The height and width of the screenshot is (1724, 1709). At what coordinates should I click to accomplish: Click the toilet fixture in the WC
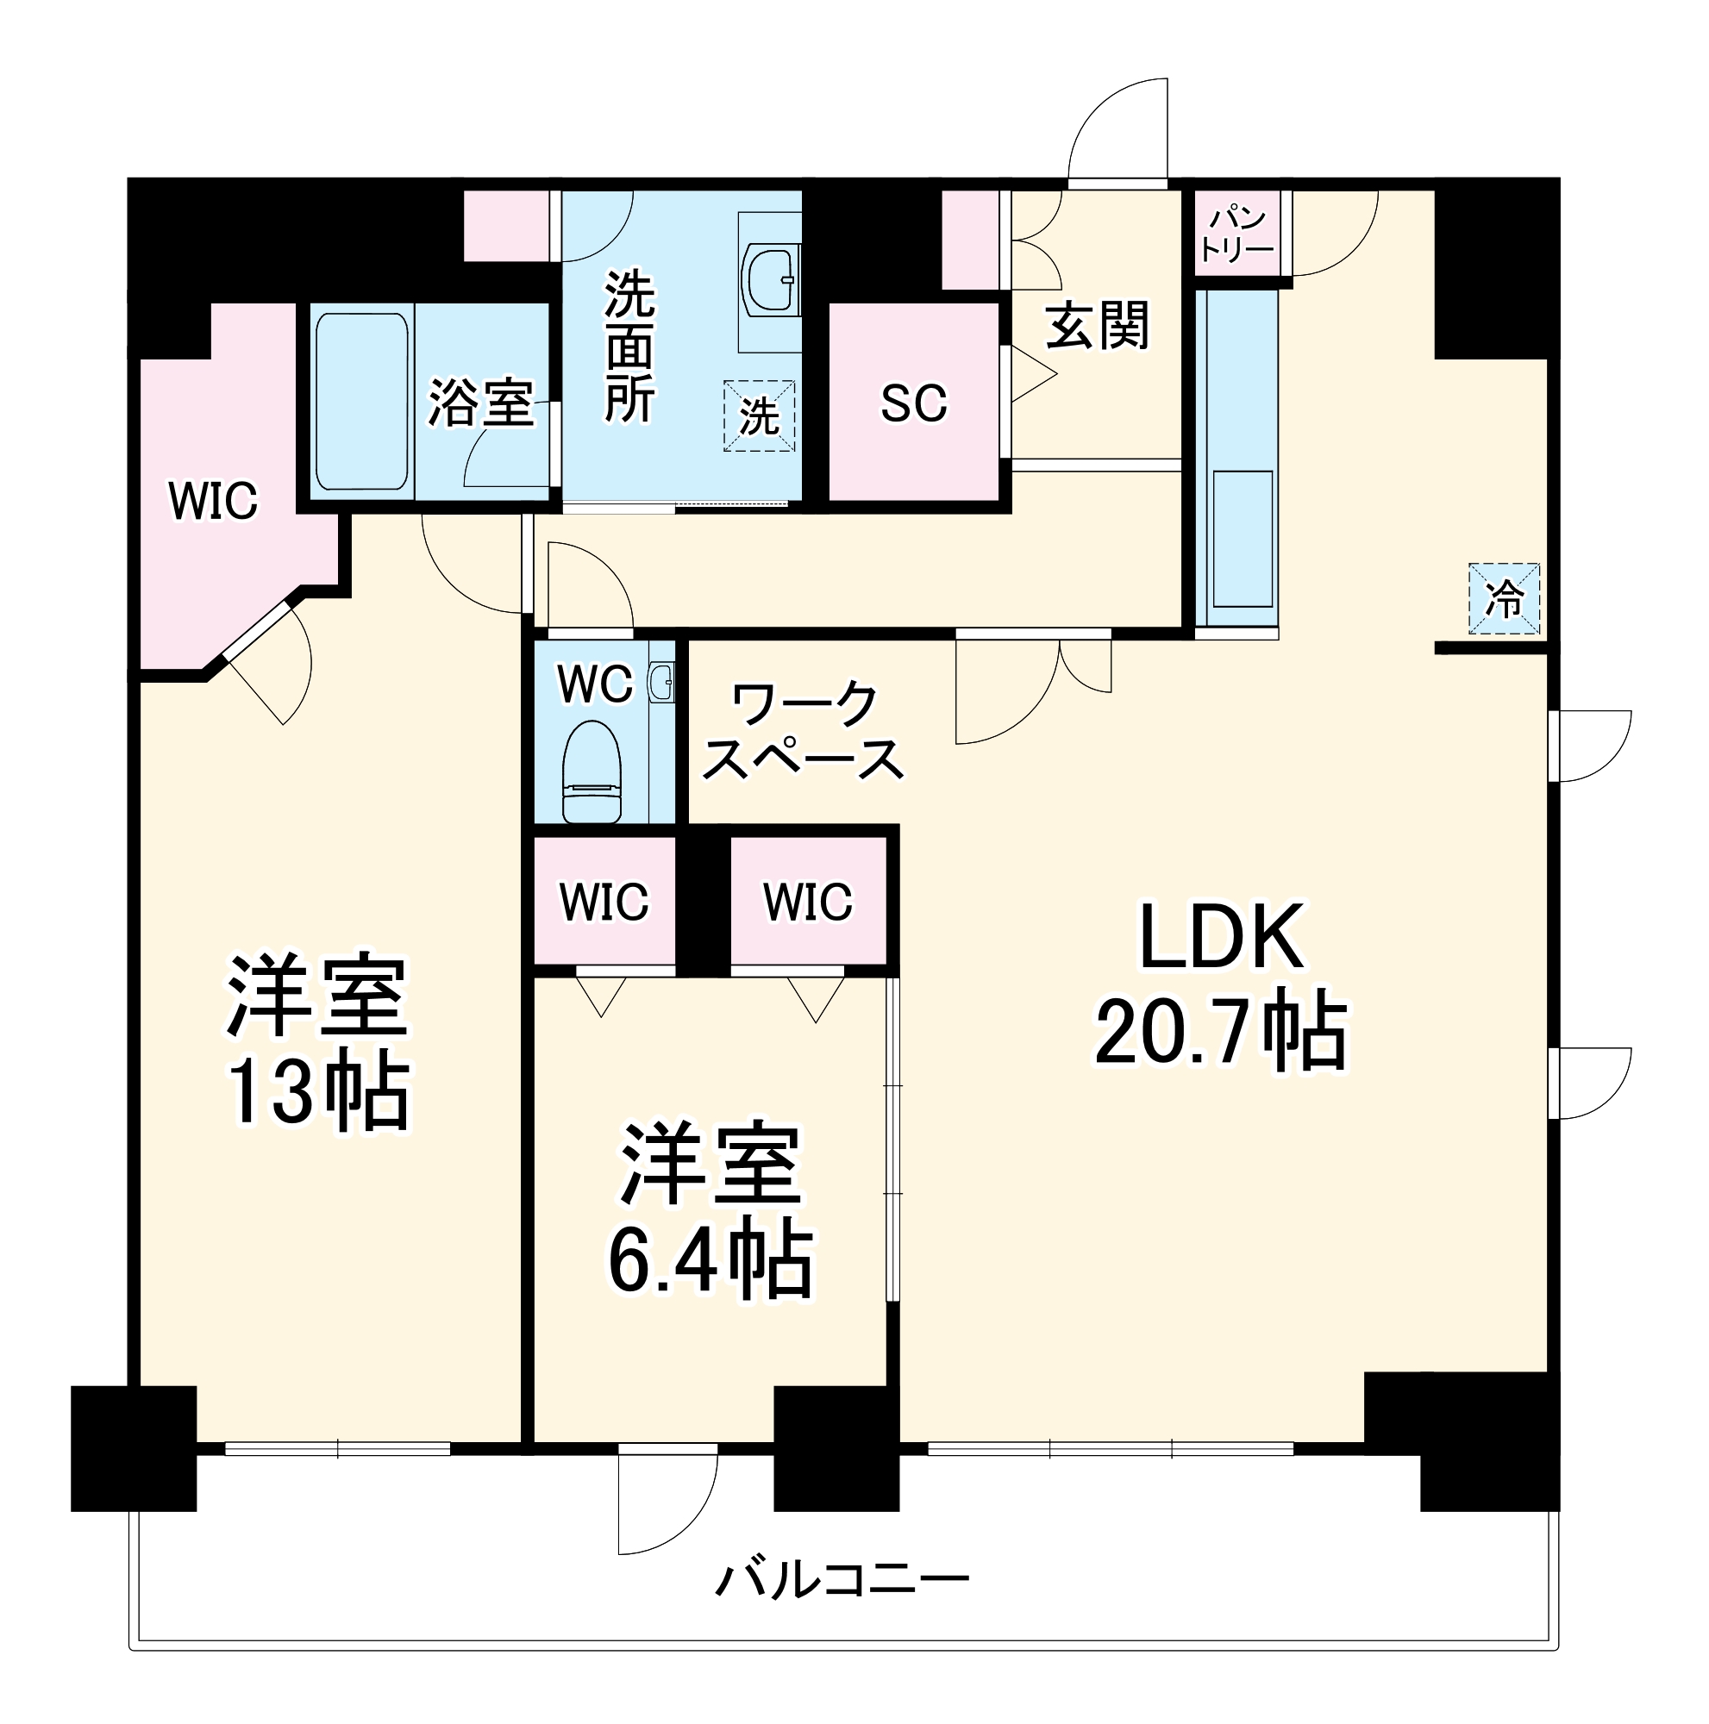coord(591,772)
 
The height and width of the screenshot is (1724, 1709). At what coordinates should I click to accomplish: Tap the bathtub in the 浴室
coord(361,402)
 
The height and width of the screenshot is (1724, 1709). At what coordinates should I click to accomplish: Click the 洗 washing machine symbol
coord(759,415)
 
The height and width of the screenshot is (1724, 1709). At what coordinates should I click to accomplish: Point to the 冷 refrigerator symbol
coord(1504,599)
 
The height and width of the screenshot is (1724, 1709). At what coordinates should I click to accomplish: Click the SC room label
coord(913,403)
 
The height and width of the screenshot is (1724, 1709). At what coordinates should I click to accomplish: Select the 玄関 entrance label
coord(1097,327)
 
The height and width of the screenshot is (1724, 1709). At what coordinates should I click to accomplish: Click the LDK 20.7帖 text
coord(1221,986)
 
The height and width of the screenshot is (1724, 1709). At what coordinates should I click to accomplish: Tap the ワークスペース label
coord(803,732)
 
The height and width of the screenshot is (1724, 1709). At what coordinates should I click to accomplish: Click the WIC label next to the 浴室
coord(213,501)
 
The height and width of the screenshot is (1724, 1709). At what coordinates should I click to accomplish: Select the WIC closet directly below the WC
coord(604,902)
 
